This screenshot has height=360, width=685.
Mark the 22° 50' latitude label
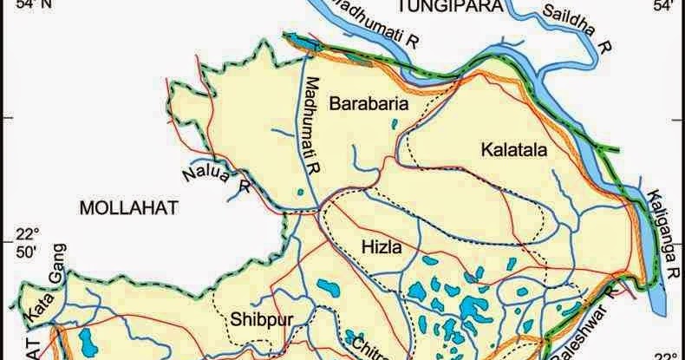click(30, 244)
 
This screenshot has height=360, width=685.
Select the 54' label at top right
click(663, 7)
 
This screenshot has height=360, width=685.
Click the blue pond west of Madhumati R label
click(299, 193)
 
